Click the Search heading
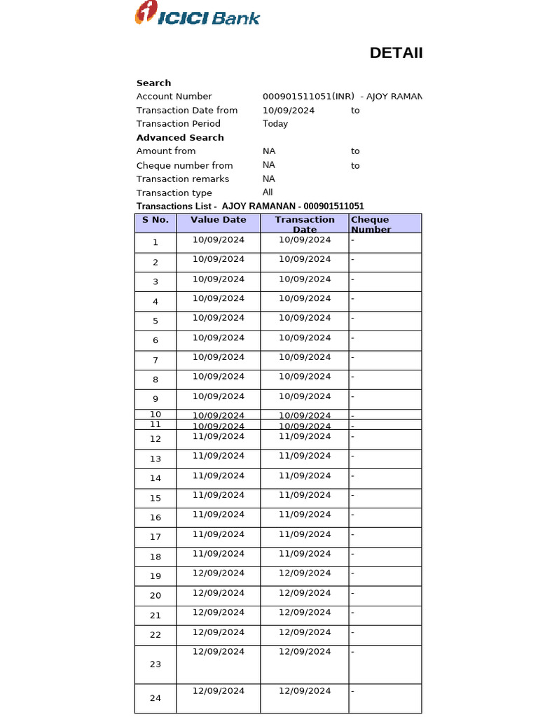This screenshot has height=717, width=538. click(153, 83)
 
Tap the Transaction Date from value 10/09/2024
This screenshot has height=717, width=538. click(289, 110)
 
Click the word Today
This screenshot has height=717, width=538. click(275, 123)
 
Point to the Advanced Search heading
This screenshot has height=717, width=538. click(180, 137)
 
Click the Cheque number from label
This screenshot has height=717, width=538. click(184, 165)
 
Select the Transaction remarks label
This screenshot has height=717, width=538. click(182, 179)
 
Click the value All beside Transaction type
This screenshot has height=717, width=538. click(268, 192)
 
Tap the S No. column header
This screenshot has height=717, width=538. click(156, 220)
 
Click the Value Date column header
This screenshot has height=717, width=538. click(219, 220)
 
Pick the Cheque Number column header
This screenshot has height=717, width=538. click(372, 224)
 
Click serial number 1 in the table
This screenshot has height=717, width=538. click(156, 242)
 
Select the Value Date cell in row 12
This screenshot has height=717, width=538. click(219, 436)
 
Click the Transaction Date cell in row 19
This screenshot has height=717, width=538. click(305, 573)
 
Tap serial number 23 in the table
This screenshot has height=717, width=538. click(156, 664)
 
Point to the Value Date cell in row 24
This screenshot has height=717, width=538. click(219, 690)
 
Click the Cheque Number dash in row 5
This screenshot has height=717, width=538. click(353, 318)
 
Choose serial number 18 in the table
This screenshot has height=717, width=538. click(156, 557)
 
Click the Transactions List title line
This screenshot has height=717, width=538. click(250, 206)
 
